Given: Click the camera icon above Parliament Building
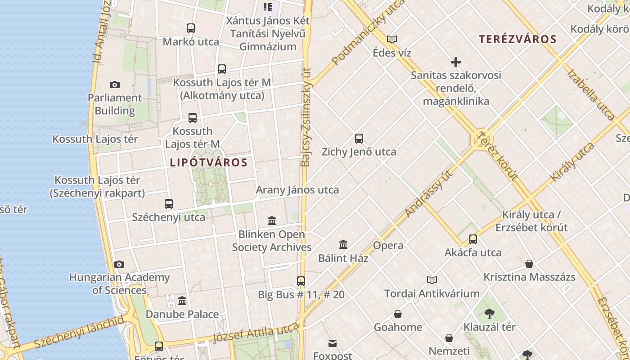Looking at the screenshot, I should point(115,85).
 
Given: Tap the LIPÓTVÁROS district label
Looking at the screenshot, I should point(209,162).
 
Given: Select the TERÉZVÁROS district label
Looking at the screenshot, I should point(517,39).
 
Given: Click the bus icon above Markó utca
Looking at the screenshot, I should point(191,28).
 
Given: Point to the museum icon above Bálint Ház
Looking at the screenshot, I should point(343,245).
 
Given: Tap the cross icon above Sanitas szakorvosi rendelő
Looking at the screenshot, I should point(456,62).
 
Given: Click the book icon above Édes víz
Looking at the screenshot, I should point(392,39).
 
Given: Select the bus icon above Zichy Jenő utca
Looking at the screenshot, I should point(359,139).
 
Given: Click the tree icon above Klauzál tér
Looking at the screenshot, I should point(490,313).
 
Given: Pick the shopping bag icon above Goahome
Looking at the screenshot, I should point(398,314).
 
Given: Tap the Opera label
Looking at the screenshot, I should point(388,246).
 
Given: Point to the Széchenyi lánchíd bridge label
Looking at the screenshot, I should point(79,333).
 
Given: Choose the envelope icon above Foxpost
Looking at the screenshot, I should point(333,344).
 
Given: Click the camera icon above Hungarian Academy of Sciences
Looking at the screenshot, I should point(119,264).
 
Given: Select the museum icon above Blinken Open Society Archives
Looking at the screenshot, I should point(272,221).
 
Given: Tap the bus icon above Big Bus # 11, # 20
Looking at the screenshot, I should point(301,281).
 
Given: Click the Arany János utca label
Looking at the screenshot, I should point(297,190).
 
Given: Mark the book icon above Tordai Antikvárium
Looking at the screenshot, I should point(432,280).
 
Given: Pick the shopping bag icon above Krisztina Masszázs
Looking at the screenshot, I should point(529,264).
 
